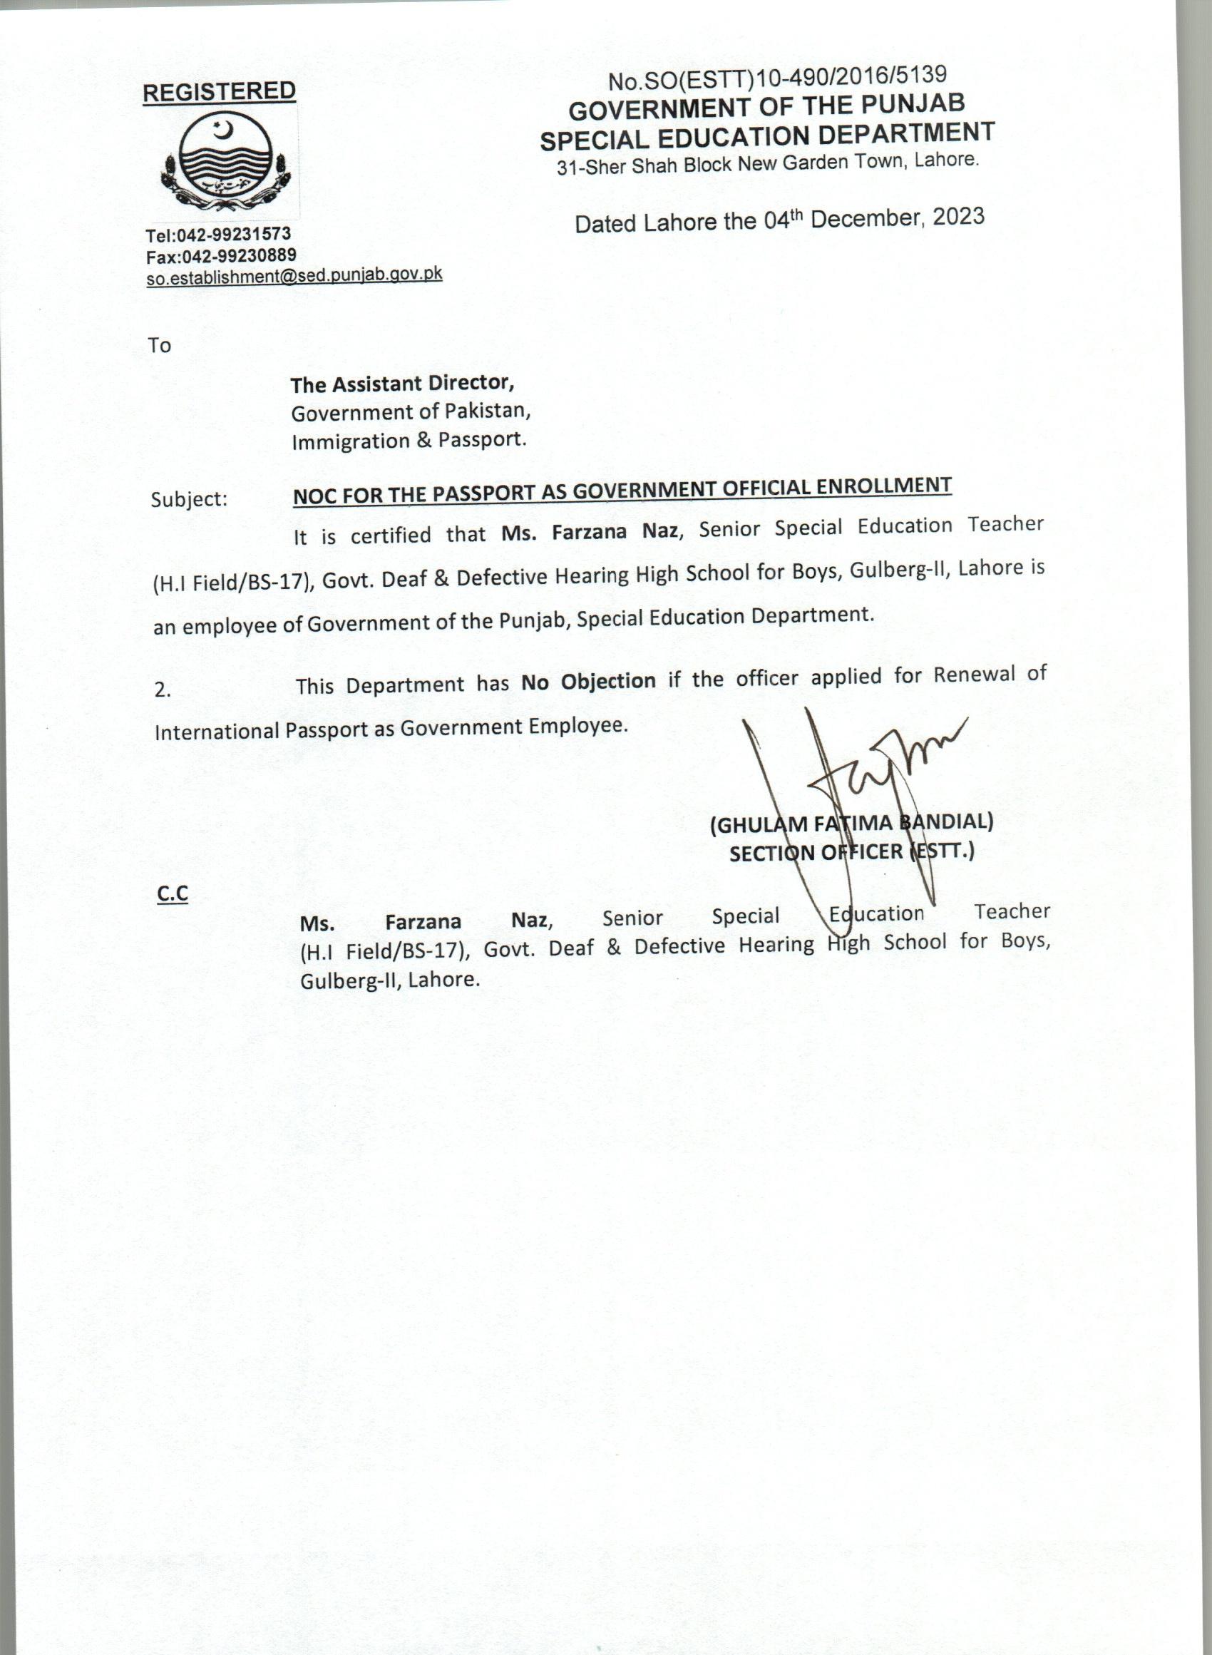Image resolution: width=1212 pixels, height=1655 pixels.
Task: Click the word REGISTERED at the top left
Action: click(x=219, y=93)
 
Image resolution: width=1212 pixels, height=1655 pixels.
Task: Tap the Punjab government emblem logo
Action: click(x=225, y=163)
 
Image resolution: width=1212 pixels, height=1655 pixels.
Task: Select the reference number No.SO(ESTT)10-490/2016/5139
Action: click(x=777, y=78)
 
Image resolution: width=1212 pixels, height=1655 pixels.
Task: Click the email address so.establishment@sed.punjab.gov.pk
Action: click(x=294, y=276)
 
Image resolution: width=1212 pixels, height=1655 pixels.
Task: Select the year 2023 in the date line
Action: click(x=958, y=216)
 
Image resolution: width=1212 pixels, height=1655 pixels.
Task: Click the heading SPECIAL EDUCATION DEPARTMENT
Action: click(x=766, y=135)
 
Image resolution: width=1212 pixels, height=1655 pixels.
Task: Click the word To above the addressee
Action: click(x=159, y=346)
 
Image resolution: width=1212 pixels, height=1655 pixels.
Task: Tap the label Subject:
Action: click(x=189, y=500)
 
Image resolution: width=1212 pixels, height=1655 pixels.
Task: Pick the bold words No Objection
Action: click(x=588, y=682)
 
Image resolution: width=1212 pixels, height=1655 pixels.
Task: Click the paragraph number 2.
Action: click(x=162, y=690)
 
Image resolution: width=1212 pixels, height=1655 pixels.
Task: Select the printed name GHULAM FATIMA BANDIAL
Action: click(x=851, y=824)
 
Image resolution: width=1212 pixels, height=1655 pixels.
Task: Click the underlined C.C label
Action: click(x=173, y=893)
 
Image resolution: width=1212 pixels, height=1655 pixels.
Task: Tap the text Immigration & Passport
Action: click(x=409, y=441)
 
